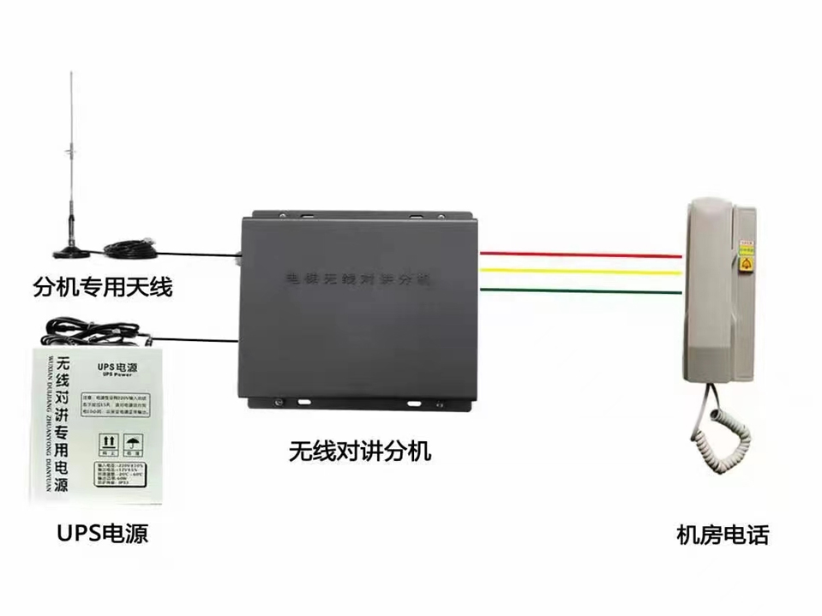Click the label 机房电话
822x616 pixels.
pos(723,535)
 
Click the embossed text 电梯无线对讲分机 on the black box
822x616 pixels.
pos(360,280)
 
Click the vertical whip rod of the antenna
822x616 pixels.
pos(71,154)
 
